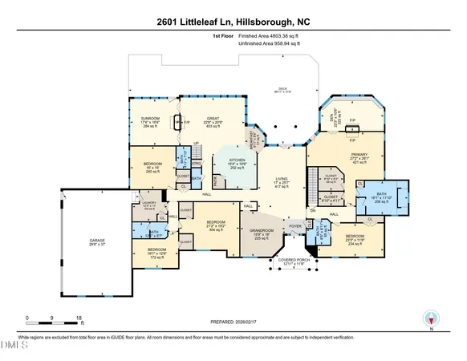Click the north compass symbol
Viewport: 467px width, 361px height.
click(x=431, y=318)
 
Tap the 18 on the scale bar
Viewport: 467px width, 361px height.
click(x=79, y=318)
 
